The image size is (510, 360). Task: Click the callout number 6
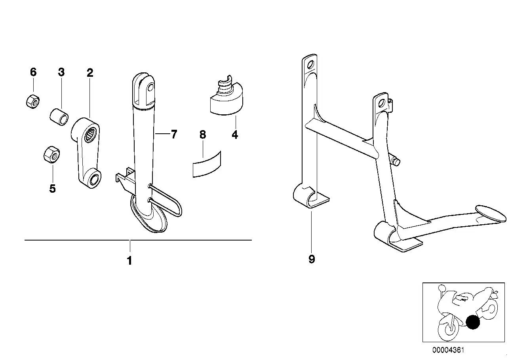pyautogui.click(x=33, y=72)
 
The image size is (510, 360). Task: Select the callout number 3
pyautogui.click(x=61, y=72)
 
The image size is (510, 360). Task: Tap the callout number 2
pyautogui.click(x=90, y=73)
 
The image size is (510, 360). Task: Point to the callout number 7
pyautogui.click(x=174, y=134)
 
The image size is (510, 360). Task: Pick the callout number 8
pyautogui.click(x=203, y=135)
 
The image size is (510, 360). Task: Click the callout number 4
pyautogui.click(x=235, y=135)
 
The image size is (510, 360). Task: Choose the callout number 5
pyautogui.click(x=52, y=189)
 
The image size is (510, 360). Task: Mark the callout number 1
pyautogui.click(x=129, y=261)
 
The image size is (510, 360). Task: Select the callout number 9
pyautogui.click(x=312, y=259)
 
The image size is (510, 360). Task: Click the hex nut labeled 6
pyautogui.click(x=32, y=102)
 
